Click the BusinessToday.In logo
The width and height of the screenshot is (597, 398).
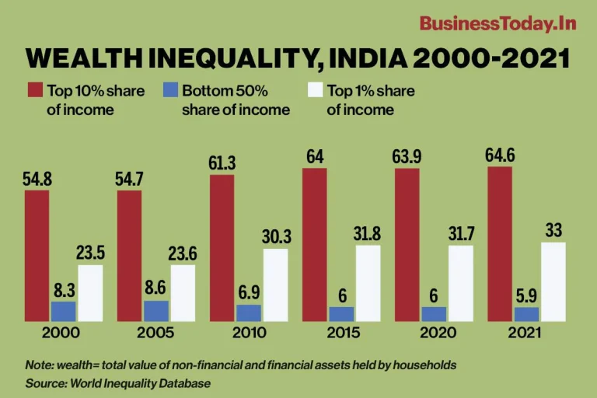point(497,23)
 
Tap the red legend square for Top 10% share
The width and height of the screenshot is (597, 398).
point(34,91)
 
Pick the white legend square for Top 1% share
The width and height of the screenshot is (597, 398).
point(315,91)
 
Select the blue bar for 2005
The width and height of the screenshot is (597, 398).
point(155,310)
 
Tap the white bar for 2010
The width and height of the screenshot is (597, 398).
point(275,285)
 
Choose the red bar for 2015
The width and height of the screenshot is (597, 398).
point(314,244)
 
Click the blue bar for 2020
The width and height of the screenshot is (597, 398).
point(433,313)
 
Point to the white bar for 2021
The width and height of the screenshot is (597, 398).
point(553,281)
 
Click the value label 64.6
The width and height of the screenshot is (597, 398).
point(499,155)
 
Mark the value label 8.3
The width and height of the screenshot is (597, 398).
point(64,289)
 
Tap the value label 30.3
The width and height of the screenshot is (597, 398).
point(276,237)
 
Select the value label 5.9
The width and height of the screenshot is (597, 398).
point(526,295)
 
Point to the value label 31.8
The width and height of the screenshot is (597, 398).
point(368,233)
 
